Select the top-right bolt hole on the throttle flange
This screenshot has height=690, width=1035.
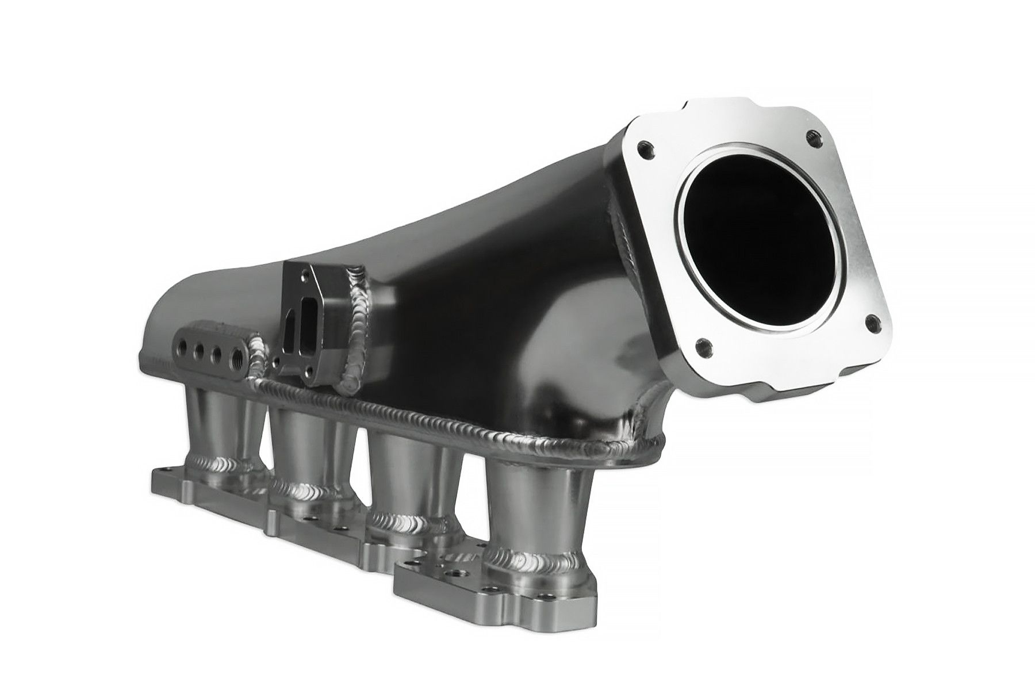[x=812, y=136]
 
